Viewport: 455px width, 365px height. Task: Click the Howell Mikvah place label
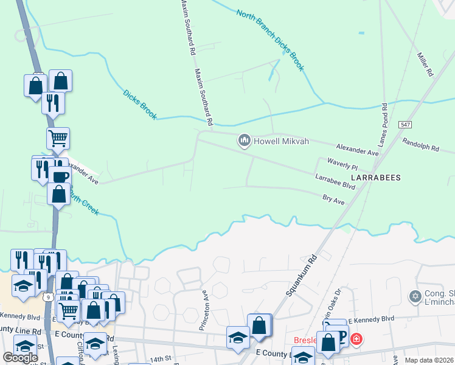(282, 141)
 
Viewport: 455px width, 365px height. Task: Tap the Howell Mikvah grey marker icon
(245, 141)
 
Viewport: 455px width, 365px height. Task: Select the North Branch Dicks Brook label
(270, 41)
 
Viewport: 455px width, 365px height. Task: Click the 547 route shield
(406, 124)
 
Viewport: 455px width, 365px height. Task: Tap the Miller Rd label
(425, 64)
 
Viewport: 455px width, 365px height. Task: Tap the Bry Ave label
(333, 198)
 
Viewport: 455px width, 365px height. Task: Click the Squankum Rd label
(302, 275)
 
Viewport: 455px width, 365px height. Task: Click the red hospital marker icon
(356, 339)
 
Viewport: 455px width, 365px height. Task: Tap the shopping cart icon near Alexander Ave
(58, 138)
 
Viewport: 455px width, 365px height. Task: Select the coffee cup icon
(60, 177)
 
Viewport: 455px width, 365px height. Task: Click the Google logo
(20, 357)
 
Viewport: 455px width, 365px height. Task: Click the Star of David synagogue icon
(416, 296)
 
